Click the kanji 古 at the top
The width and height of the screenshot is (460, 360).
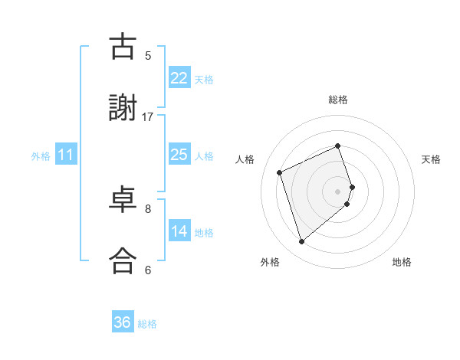pyautogui.click(x=123, y=47)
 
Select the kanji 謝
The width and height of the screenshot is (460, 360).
pyautogui.click(x=123, y=108)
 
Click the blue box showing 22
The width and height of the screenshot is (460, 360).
pyautogui.click(x=179, y=77)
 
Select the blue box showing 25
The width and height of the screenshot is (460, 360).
pyautogui.click(x=179, y=155)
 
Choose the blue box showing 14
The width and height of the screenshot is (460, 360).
pyautogui.click(x=179, y=231)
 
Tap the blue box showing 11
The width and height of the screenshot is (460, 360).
pyautogui.click(x=66, y=155)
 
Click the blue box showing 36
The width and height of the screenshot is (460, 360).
pyautogui.click(x=122, y=322)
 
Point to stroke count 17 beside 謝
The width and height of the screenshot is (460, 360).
pyautogui.click(x=148, y=117)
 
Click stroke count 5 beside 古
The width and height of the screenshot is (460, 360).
pyautogui.click(x=148, y=55)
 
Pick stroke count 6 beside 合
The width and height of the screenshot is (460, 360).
pyautogui.click(x=148, y=270)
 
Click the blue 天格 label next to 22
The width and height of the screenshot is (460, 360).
pyautogui.click(x=204, y=79)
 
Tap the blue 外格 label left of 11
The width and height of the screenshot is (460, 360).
pyautogui.click(x=41, y=156)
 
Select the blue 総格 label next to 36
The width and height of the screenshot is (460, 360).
pyautogui.click(x=147, y=324)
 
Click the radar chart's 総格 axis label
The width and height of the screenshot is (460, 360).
pyautogui.click(x=338, y=100)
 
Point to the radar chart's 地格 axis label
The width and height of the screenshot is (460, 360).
pyautogui.click(x=402, y=262)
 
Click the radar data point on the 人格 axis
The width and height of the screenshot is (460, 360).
pyautogui.click(x=281, y=171)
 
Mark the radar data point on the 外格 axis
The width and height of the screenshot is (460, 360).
pyautogui.click(x=301, y=241)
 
